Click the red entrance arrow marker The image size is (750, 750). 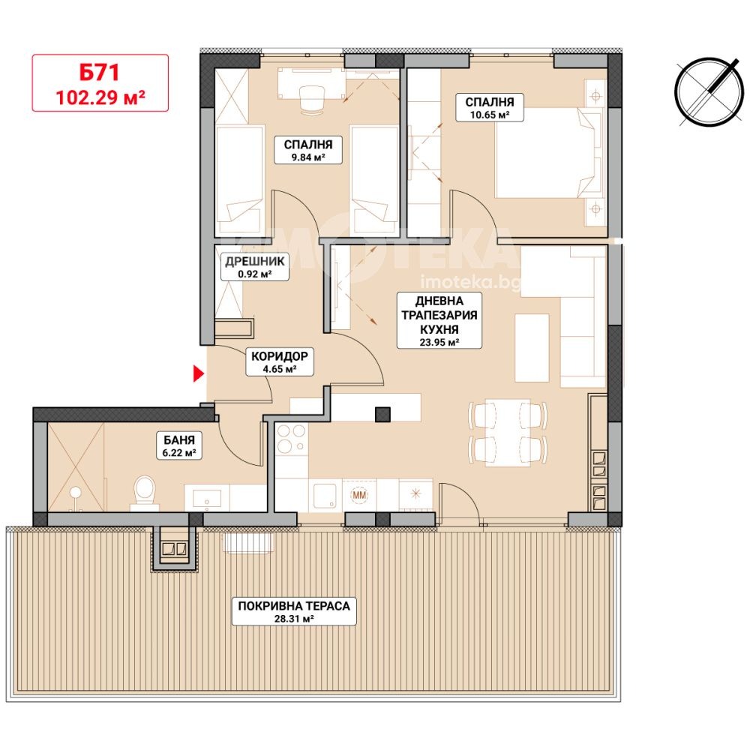tap(199, 374)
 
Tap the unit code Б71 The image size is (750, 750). tap(100, 72)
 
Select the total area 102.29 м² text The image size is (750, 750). tap(100, 97)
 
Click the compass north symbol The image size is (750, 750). tap(709, 91)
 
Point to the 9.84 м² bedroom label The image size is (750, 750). tap(308, 150)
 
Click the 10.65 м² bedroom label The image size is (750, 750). tap(489, 107)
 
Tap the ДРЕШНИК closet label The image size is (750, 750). tap(255, 267)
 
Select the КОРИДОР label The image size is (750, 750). tap(279, 361)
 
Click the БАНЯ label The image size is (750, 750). tap(179, 445)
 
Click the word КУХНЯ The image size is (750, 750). tap(439, 329)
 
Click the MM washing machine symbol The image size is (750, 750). tap(359, 494)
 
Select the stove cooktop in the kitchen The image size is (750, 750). tap(291, 439)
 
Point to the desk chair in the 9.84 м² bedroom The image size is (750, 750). tap(311, 98)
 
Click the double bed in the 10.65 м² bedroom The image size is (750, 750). tap(549, 153)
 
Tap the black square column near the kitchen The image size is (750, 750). tap(382, 414)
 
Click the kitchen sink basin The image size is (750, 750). tap(325, 495)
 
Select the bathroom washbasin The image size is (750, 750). tap(207, 498)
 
